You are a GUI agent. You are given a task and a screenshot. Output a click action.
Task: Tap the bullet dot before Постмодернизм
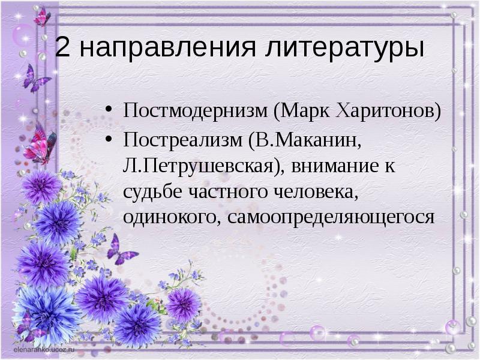click(109, 112)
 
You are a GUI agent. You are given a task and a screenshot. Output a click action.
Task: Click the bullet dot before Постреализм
click(109, 140)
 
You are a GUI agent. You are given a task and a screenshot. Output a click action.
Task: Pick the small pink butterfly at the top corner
click(42, 17)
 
